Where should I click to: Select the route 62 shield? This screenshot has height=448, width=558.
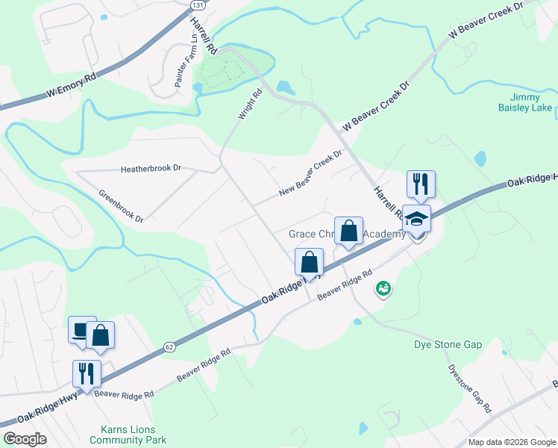(x=169, y=346)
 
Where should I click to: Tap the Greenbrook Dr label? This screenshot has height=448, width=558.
(x=120, y=205)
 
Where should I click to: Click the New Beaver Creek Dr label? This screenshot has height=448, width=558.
(x=310, y=172)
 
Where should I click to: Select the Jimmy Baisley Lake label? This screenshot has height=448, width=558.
(x=530, y=102)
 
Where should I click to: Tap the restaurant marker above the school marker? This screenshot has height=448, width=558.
(x=421, y=183)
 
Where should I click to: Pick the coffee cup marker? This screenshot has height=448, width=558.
(x=82, y=329)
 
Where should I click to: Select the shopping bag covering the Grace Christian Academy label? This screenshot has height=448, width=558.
(x=348, y=230)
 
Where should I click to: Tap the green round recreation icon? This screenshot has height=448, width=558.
(x=383, y=287)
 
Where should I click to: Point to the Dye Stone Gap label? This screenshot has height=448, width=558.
(x=448, y=344)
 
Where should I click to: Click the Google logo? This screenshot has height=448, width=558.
(x=24, y=439)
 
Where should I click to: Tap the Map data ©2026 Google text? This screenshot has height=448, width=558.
(x=512, y=441)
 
